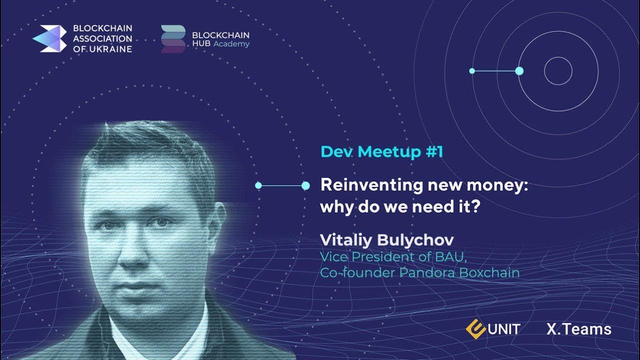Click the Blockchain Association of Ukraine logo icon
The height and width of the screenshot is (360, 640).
[x=49, y=38]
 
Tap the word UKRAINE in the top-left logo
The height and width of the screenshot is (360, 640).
[x=110, y=49]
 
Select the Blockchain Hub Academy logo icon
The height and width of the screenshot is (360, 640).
[x=173, y=39]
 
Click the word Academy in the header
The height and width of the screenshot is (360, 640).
[x=231, y=44]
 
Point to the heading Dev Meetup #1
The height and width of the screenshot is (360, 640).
[x=381, y=151]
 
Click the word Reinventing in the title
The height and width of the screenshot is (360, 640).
[x=371, y=185]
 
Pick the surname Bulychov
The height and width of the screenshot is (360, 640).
[x=415, y=240]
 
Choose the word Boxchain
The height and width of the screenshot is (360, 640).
[x=489, y=272]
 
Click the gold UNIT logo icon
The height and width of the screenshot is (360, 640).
[x=475, y=329]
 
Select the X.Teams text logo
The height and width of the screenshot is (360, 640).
[x=579, y=329]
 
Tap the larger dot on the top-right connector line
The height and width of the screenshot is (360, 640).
[x=519, y=71]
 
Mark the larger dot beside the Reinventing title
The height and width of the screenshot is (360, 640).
[x=305, y=185]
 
